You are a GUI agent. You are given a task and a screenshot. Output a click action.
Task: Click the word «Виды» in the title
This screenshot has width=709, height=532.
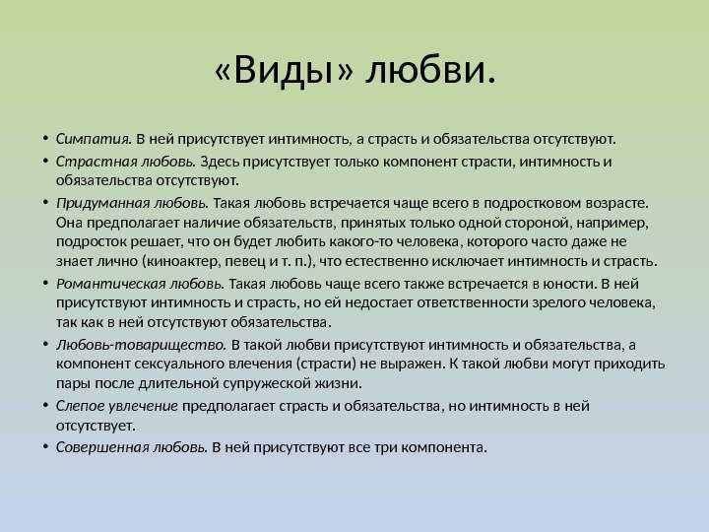tap(283, 70)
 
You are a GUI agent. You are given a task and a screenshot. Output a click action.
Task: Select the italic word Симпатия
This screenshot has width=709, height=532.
tap(94, 139)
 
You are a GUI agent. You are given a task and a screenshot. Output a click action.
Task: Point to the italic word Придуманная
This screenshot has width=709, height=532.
tap(103, 204)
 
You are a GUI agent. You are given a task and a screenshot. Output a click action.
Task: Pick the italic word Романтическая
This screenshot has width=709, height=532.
tap(110, 284)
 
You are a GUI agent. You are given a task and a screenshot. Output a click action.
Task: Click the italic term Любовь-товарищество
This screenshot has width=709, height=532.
tap(141, 345)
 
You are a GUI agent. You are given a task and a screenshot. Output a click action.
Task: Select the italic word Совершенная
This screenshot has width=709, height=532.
tap(102, 447)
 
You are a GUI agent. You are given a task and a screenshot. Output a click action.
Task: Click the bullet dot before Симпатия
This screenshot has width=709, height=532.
tap(45, 138)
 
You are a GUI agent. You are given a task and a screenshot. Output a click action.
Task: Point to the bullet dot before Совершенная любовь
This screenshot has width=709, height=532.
tap(45, 446)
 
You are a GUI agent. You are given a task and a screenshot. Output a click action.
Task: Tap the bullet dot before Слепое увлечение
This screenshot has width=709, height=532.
tap(45, 405)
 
